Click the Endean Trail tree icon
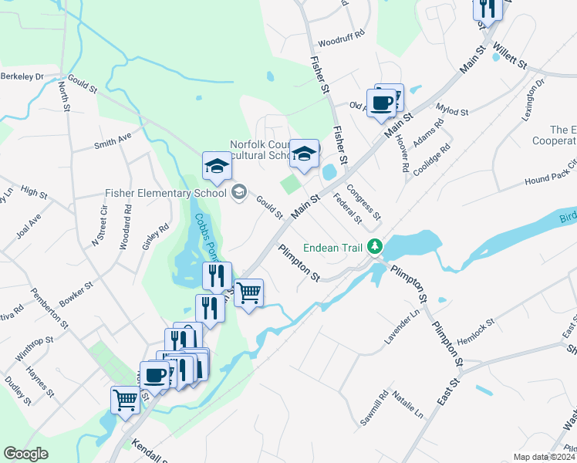(376, 247)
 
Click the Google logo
(25, 454)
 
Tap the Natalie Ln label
(408, 404)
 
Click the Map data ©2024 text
(543, 457)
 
